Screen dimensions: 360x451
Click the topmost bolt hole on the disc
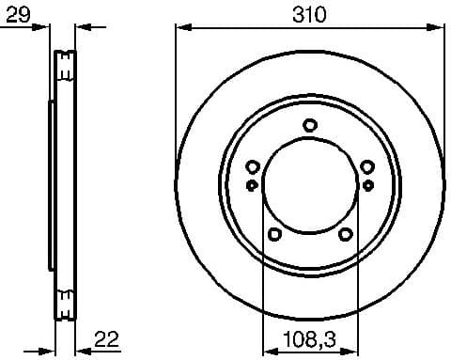click(310, 125)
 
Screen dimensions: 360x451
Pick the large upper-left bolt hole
click(252, 167)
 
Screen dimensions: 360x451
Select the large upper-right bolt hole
click(367, 167)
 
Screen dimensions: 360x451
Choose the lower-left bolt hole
click(274, 234)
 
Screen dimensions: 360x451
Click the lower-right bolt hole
click(346, 234)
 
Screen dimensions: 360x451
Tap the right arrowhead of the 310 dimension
click(439, 28)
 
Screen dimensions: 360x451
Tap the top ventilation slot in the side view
click(65, 66)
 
